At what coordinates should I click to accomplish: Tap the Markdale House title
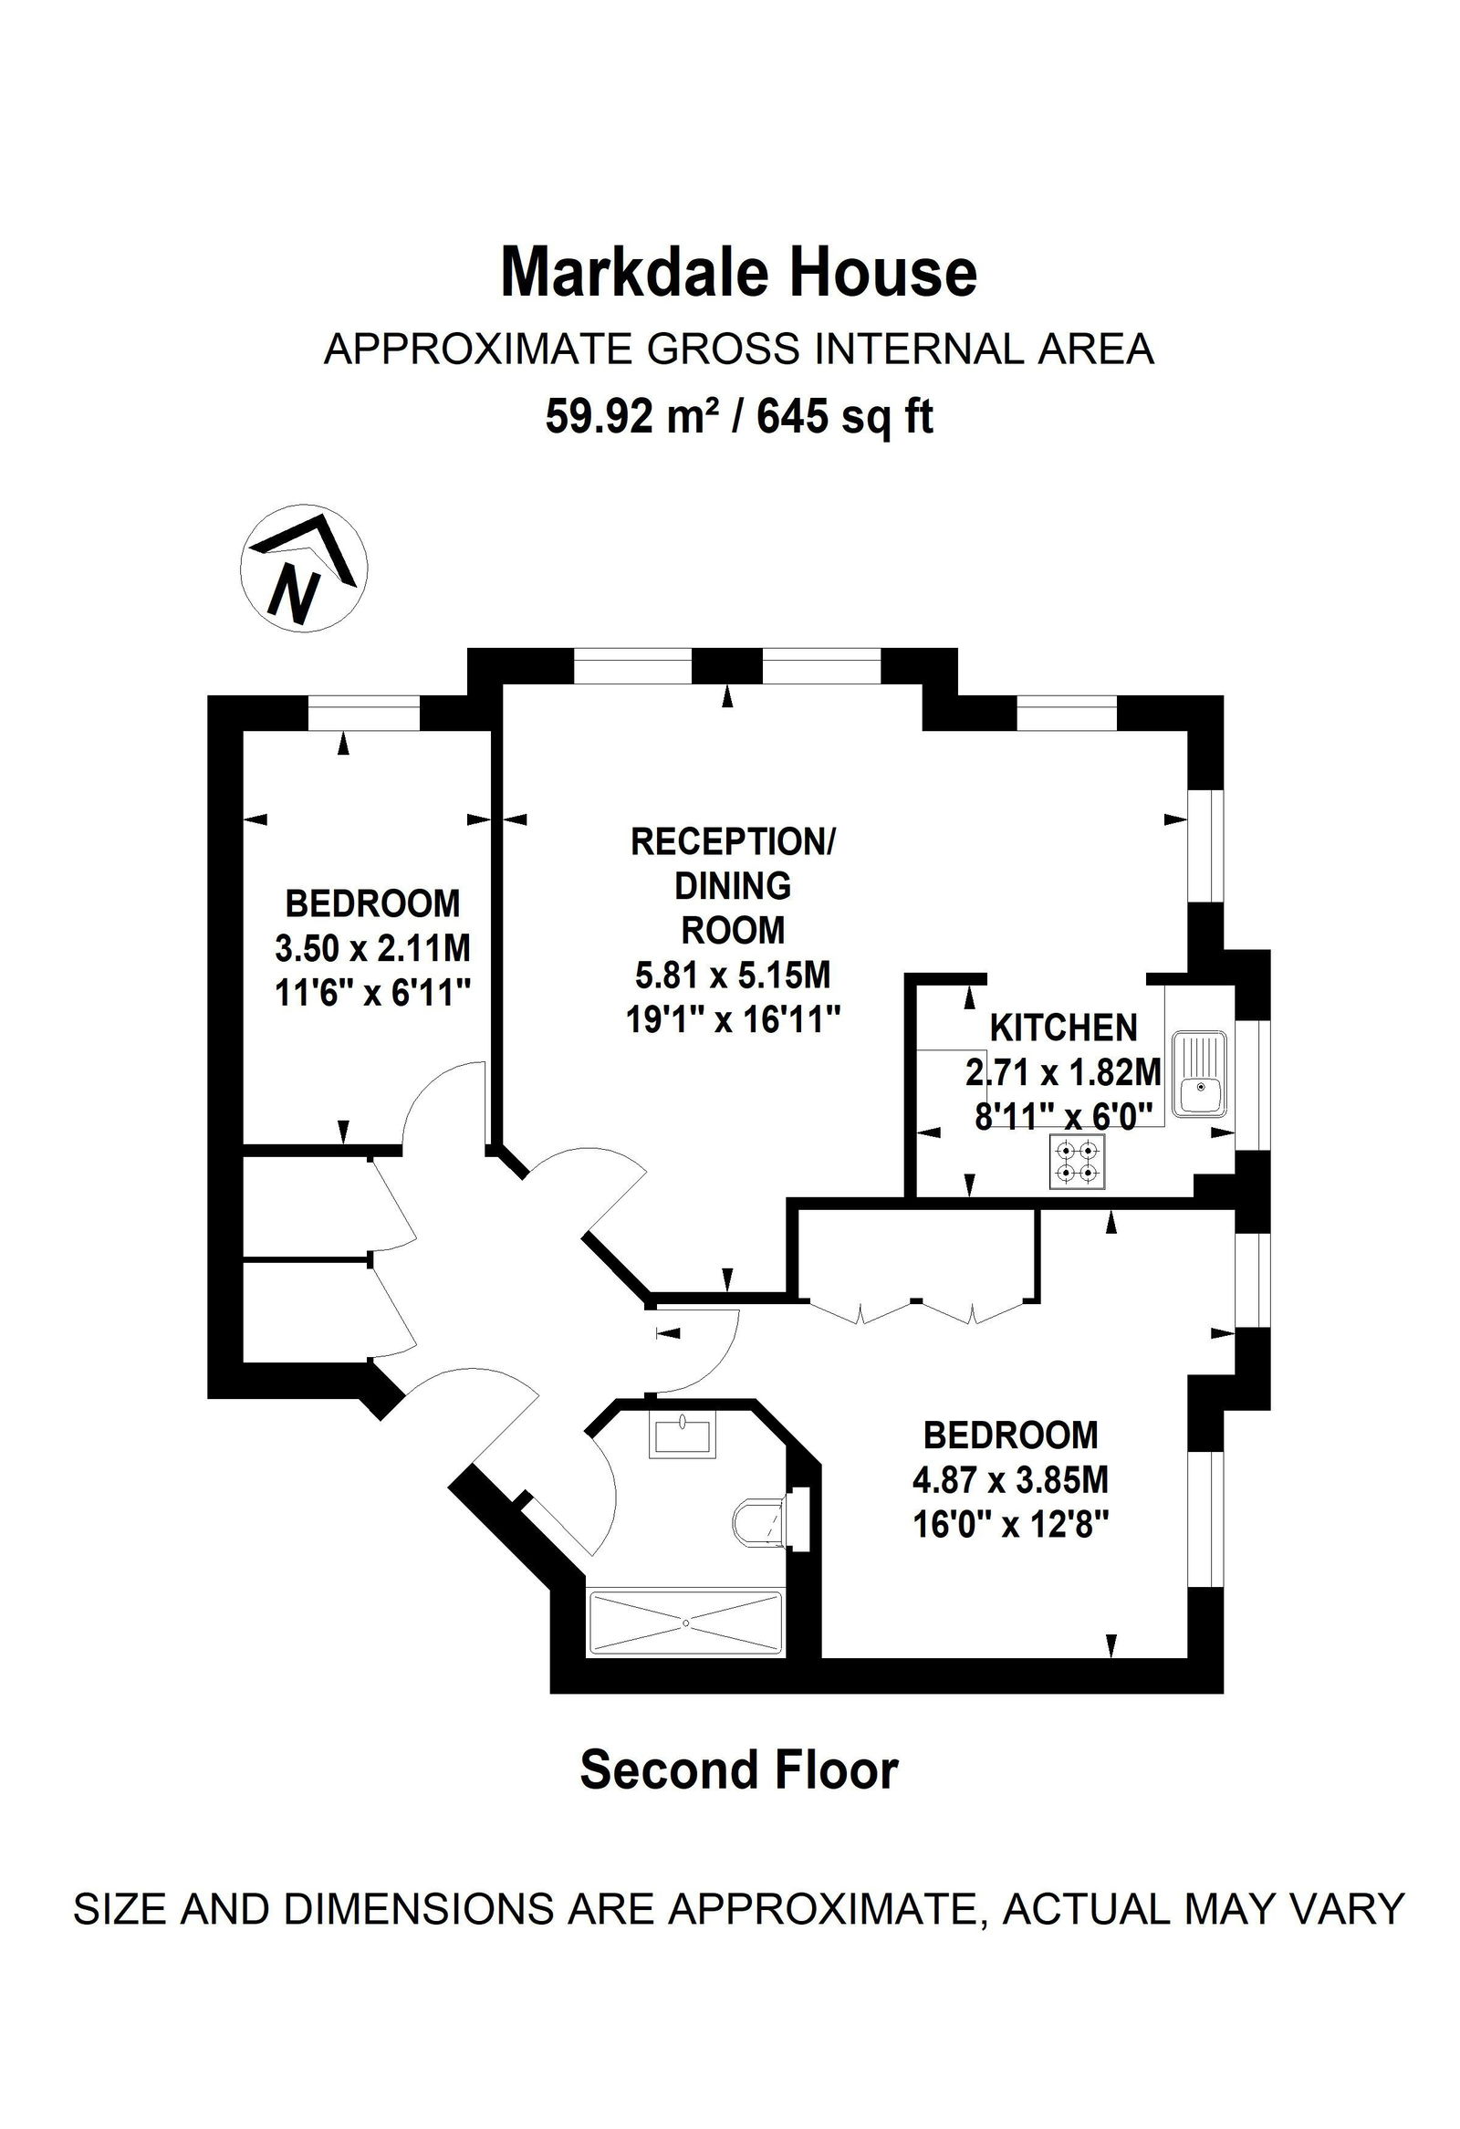pos(738,273)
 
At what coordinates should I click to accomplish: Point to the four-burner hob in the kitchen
pos(1077,1163)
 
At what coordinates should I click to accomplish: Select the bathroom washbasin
pos(682,1435)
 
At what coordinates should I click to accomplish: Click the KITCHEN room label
pos(1063,1028)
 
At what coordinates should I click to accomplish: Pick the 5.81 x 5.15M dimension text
pos(733,975)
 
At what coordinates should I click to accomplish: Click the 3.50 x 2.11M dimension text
pos(373,948)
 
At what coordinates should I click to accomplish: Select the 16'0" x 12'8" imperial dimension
pos(1011,1525)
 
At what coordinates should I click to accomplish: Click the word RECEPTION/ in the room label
pos(733,841)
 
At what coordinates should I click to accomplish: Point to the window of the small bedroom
pos(363,713)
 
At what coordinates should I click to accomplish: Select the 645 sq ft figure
pos(844,418)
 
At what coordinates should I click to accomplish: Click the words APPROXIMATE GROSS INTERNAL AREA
pos(738,350)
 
